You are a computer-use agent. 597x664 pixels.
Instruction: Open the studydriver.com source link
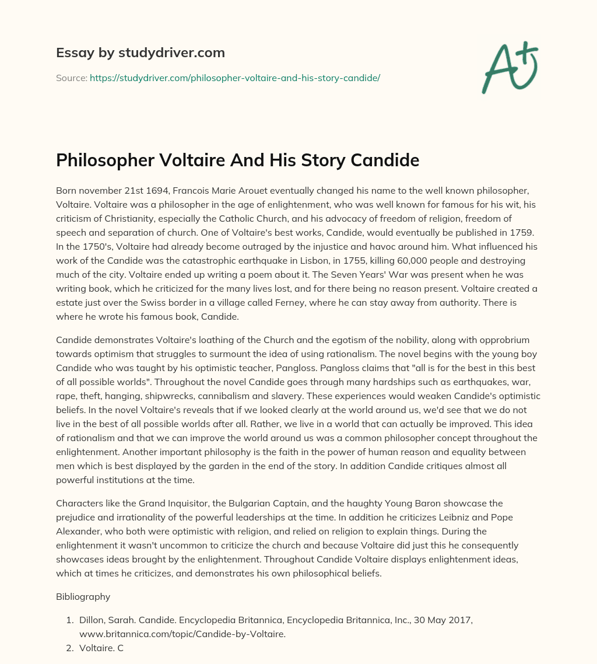(235, 78)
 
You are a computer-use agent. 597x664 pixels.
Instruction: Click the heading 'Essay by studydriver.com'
(140, 53)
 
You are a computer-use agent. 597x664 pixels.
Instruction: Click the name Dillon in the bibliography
(92, 620)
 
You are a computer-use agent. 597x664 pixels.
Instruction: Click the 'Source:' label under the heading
(71, 78)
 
